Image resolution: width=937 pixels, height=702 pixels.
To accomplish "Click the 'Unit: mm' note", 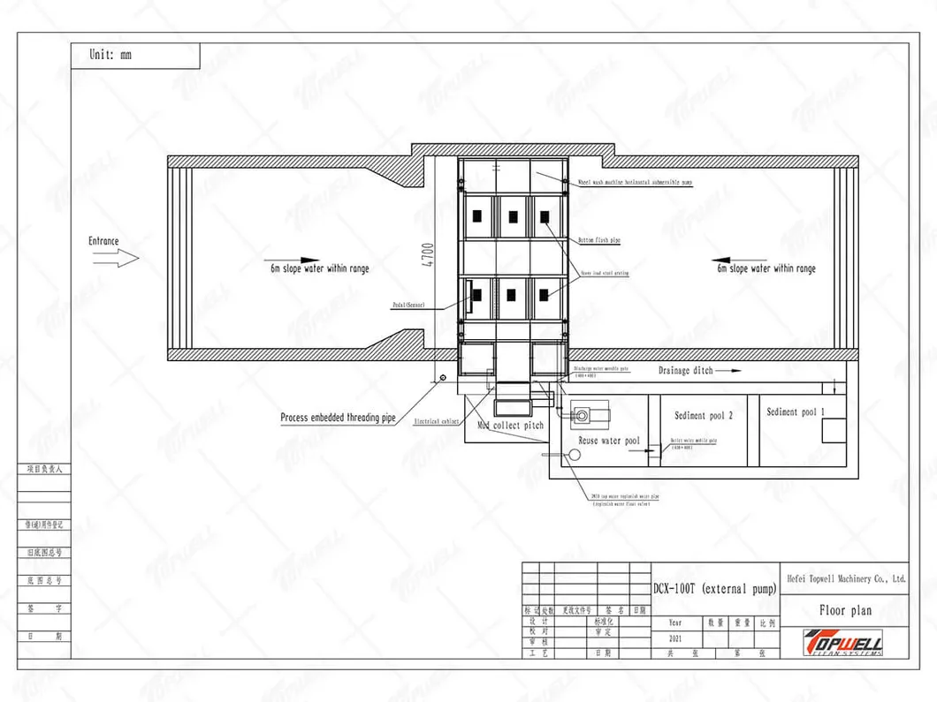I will point(110,55).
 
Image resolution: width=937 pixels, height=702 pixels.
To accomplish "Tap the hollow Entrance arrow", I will point(116,259).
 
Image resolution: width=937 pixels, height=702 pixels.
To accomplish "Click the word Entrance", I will point(103,241).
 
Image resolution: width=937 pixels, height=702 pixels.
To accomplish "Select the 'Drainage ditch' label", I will point(685,371).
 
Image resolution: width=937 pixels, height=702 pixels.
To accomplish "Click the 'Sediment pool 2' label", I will point(704,415).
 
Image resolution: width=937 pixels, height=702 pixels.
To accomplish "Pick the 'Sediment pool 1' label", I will point(796,411).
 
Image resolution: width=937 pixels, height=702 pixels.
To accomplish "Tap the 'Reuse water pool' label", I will point(609,440).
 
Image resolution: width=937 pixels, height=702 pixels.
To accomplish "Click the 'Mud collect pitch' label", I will point(511,426).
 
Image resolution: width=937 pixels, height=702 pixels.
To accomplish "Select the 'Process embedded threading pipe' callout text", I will point(338,418).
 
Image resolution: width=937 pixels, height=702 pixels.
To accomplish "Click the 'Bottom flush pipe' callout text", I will point(599,240).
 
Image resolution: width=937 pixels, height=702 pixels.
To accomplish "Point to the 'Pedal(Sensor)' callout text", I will point(408,303).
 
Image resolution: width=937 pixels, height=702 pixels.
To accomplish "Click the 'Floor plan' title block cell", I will point(846,610).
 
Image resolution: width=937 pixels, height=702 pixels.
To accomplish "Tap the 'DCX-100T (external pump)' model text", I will point(714,589).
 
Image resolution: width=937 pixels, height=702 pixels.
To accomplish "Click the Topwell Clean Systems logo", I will point(845,642).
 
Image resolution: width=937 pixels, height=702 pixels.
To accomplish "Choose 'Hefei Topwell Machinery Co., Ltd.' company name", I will point(846,579).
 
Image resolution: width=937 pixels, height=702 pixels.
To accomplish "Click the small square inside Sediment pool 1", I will point(834,431).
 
